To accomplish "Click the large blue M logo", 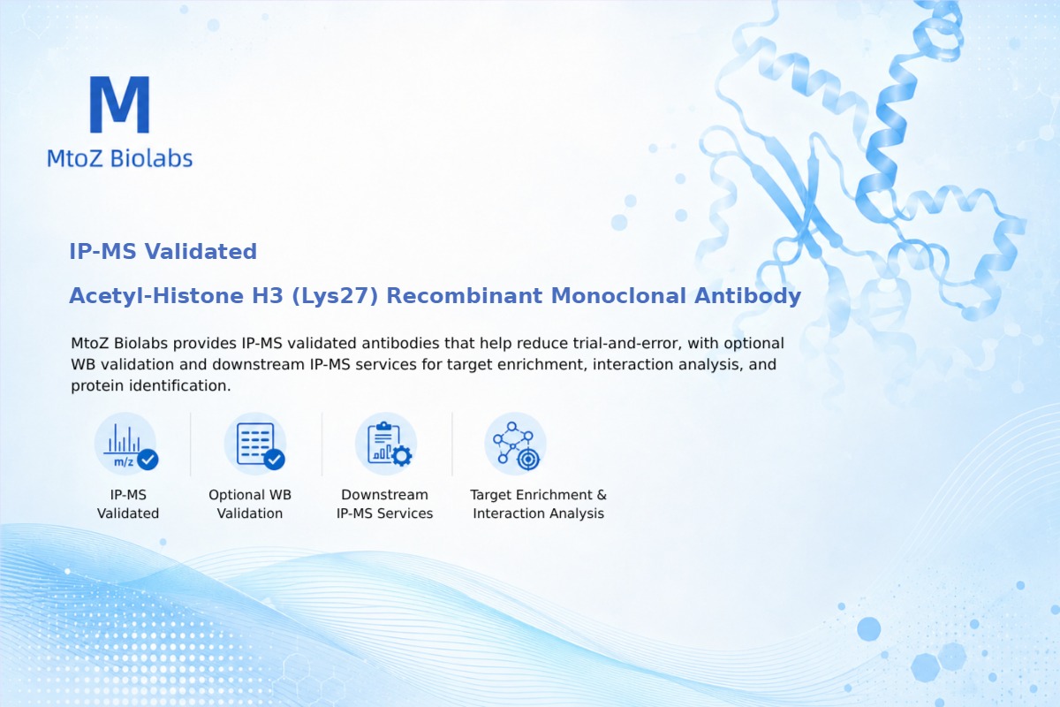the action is coord(120,104).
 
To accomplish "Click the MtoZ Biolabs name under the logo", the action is coord(120,158).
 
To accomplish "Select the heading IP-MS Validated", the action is coord(163,252).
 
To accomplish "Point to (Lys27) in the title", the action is coord(335,296).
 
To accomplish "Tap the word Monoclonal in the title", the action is coord(618,296).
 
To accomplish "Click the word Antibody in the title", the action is coord(747,296).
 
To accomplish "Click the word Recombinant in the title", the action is coord(465,296).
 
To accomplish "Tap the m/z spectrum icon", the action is coord(125,445).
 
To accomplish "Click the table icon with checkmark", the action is coord(255,445).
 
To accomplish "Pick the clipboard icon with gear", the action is coord(386,445).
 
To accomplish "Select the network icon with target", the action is coord(515,445).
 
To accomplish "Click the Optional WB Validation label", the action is coord(250,504).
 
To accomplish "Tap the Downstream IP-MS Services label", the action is coord(385,504).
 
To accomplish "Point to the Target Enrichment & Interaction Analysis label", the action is coord(539,504).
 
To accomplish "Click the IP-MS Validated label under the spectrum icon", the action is coord(128,504).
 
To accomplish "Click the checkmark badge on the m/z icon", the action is coord(148,460).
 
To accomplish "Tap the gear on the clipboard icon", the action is coord(402,456).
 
